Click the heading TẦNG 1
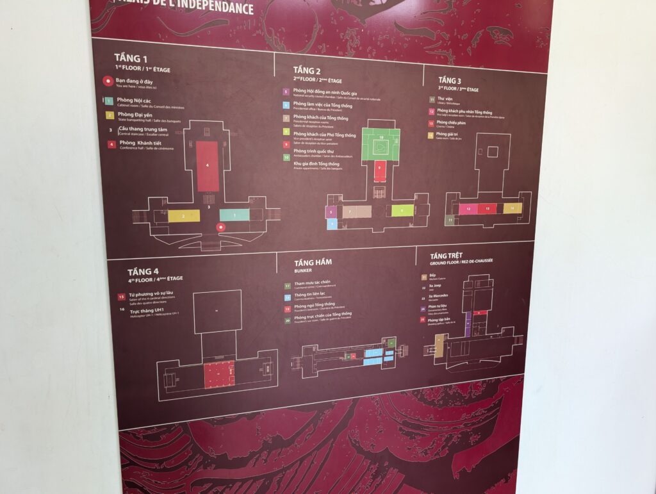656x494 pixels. (131, 58)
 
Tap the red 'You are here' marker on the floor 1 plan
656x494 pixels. (221, 227)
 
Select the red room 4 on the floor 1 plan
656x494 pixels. (208, 166)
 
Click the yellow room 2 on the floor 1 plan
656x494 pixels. (184, 216)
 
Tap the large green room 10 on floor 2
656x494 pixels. (381, 144)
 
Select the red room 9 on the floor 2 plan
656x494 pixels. (380, 170)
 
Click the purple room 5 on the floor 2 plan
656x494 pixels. (331, 211)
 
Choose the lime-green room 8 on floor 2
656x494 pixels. (402, 210)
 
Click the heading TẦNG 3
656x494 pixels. (450, 80)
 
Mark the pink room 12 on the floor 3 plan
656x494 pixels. (469, 209)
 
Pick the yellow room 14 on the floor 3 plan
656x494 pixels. (512, 208)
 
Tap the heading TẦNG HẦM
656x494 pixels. (313, 263)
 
